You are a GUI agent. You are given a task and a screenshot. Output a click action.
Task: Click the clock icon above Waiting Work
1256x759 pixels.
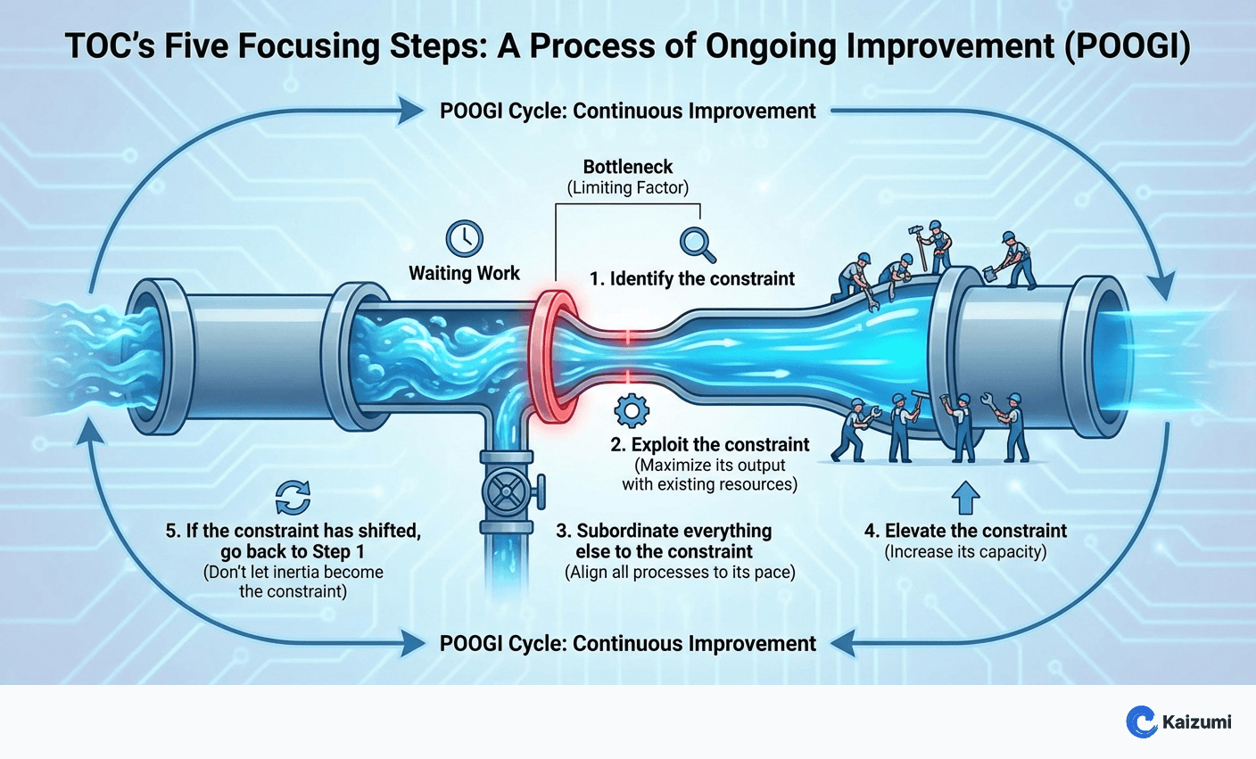click(464, 238)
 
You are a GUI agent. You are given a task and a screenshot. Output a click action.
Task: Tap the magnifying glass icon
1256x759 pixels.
click(697, 243)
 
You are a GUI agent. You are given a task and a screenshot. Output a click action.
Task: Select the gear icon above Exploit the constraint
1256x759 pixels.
click(632, 410)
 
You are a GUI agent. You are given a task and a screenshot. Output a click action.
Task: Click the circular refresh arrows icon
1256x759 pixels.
click(293, 498)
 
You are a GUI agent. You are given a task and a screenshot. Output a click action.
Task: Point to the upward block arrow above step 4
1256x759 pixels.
click(965, 498)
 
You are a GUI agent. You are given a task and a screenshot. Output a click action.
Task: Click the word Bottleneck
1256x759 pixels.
click(628, 167)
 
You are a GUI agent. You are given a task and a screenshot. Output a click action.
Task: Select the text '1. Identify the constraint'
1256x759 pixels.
click(691, 278)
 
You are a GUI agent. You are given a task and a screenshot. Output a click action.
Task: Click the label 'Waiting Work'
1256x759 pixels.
click(464, 273)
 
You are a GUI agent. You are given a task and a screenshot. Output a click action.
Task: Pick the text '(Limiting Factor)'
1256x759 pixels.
click(628, 188)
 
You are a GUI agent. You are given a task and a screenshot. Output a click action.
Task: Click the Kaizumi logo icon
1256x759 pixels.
click(1141, 721)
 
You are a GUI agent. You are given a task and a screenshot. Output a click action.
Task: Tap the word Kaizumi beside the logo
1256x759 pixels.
click(1196, 722)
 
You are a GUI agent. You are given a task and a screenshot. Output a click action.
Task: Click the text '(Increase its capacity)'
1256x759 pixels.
click(965, 552)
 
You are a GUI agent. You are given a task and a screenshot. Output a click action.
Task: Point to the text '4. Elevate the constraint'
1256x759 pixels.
click(965, 531)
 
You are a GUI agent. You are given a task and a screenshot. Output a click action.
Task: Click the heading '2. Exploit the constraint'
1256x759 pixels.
click(709, 444)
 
